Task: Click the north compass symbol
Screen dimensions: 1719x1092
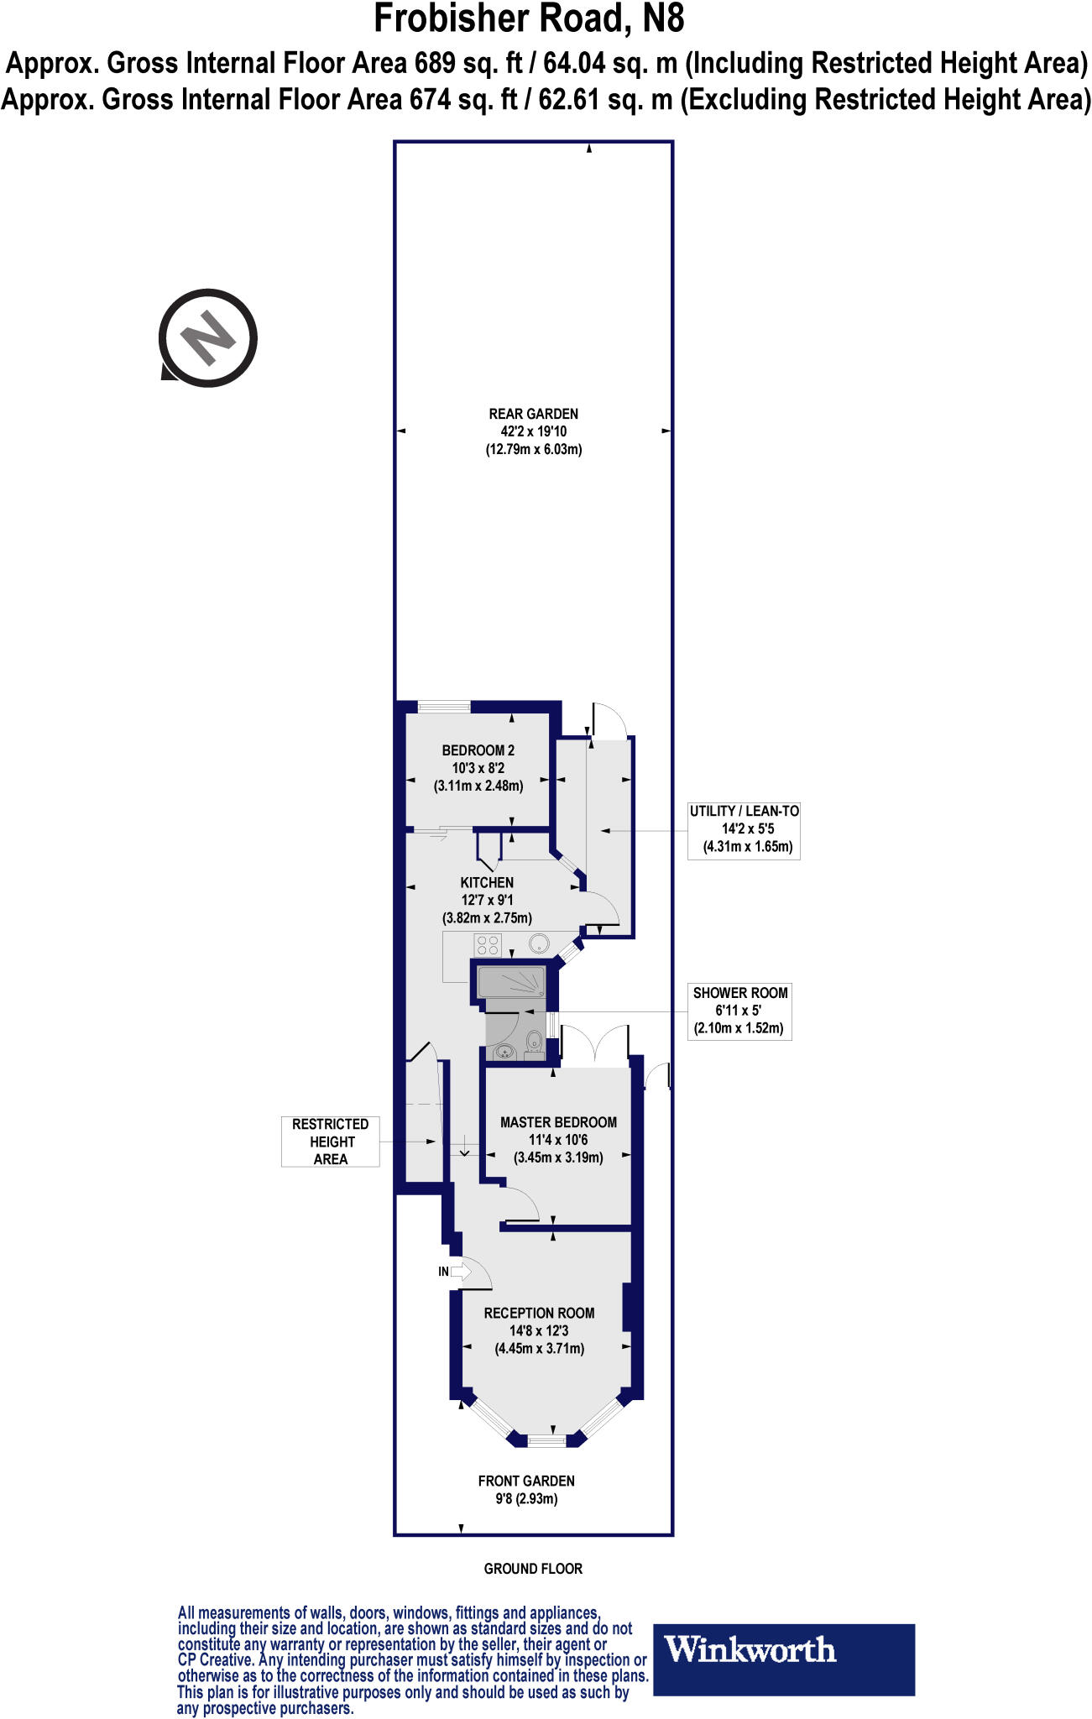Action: click(x=208, y=337)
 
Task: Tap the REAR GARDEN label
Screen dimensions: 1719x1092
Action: click(x=534, y=431)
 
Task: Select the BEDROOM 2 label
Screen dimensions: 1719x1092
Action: click(x=478, y=768)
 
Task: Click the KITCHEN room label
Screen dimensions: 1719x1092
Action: click(x=487, y=900)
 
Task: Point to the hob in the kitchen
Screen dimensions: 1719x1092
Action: click(x=489, y=945)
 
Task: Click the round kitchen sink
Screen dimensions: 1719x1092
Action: click(x=538, y=944)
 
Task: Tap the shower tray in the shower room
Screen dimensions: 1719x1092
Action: click(x=511, y=982)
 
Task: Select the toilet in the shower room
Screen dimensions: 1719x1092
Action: click(x=533, y=1042)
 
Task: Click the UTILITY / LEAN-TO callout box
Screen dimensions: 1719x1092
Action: click(x=744, y=829)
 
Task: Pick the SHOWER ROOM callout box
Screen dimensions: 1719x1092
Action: click(x=739, y=1011)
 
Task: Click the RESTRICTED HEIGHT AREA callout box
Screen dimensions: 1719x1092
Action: click(x=331, y=1142)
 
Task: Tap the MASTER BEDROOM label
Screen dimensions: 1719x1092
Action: click(x=558, y=1140)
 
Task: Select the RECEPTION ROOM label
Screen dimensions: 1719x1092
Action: click(x=539, y=1330)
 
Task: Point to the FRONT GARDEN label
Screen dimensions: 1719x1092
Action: click(x=526, y=1490)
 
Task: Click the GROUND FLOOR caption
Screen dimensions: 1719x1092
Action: click(x=533, y=1568)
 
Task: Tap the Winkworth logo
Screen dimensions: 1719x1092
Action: click(x=783, y=1659)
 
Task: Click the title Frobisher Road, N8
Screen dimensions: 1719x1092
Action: click(x=529, y=18)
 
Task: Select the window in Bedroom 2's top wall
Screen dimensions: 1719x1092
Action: click(x=444, y=707)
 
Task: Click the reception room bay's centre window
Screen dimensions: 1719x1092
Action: click(x=547, y=1441)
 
